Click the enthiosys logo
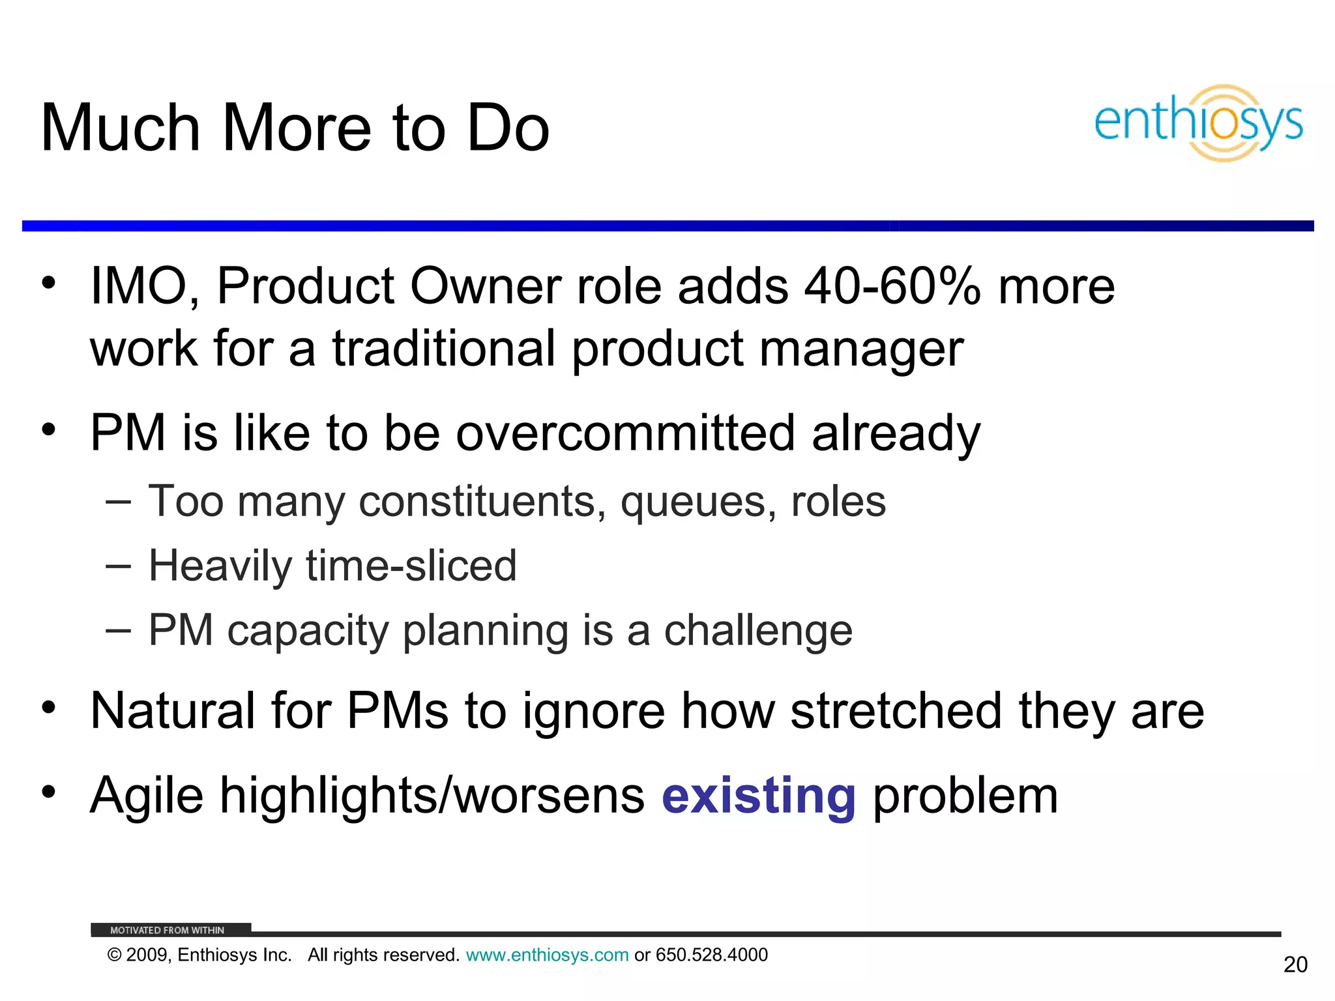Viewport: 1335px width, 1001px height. tap(1198, 123)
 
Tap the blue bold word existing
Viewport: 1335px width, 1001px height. tap(758, 796)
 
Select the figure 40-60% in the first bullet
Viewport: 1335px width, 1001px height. tap(892, 286)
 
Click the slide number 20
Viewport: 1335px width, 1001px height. tap(1295, 965)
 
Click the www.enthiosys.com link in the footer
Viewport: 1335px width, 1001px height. tap(547, 955)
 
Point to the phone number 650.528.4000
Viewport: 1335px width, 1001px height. tap(711, 955)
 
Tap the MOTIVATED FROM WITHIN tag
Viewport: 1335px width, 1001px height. tap(168, 930)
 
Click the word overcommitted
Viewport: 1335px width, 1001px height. tap(625, 433)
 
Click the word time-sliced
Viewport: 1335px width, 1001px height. tap(411, 565)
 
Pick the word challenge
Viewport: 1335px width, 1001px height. tap(757, 630)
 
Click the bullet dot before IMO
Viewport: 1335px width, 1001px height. tap(48, 283)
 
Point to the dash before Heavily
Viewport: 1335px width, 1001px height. tap(118, 565)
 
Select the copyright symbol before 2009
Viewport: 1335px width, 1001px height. tap(114, 955)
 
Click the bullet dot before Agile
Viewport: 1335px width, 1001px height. tap(48, 792)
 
